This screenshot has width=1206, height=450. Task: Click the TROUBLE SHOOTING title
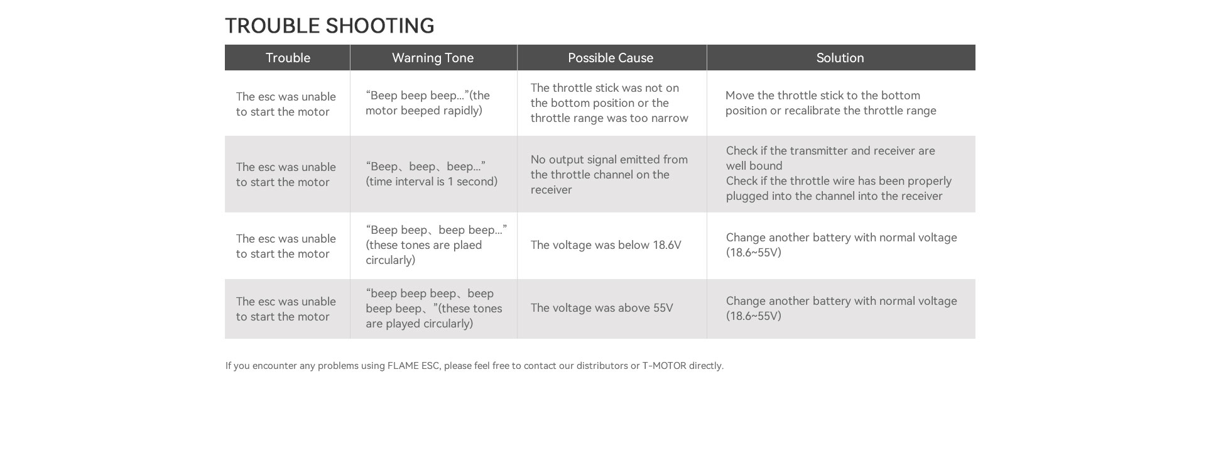[x=329, y=26]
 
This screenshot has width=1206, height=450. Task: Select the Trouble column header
[x=288, y=58]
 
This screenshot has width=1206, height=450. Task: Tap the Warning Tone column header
[x=433, y=58]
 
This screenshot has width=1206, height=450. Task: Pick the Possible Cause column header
[x=611, y=58]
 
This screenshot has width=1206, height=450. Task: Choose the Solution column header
[x=840, y=58]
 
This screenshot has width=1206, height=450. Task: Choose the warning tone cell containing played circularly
[x=433, y=309]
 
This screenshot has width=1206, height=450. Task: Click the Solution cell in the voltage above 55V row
[x=841, y=309]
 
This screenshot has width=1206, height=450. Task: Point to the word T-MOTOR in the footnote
[x=664, y=366]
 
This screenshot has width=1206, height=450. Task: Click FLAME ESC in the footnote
[x=413, y=366]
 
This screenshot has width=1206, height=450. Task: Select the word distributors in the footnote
[x=602, y=366]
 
